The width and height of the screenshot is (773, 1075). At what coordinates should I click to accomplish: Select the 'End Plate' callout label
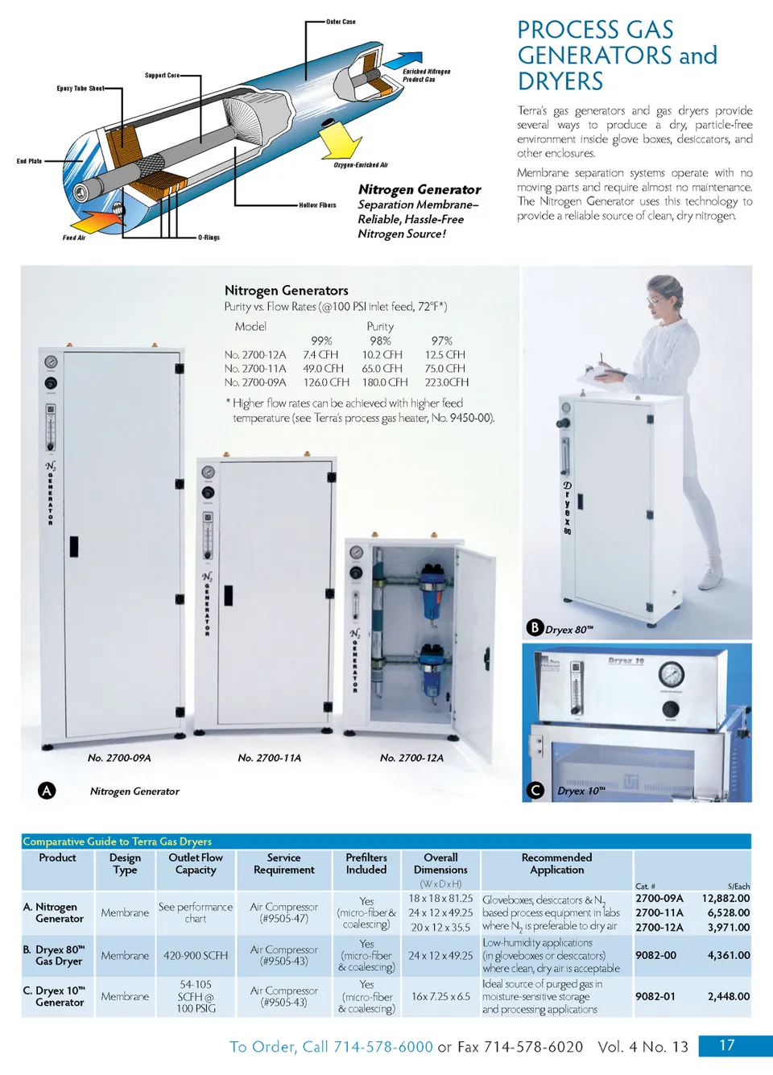[29, 161]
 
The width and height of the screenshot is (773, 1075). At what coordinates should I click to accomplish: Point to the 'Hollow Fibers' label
[317, 205]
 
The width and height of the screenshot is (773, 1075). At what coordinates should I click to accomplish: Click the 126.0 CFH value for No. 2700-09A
[326, 382]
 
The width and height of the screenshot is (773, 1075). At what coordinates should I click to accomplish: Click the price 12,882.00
[725, 899]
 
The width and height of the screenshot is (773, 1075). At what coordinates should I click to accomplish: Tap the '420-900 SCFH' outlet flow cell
[196, 956]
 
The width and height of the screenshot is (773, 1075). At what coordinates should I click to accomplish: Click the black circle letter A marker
[47, 791]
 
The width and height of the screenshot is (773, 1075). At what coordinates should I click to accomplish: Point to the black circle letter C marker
[535, 791]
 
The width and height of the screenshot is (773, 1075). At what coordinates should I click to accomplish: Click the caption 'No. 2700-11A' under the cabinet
[269, 758]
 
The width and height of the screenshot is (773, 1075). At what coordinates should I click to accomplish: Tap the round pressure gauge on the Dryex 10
[672, 675]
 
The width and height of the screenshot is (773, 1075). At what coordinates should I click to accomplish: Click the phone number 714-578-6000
[383, 1046]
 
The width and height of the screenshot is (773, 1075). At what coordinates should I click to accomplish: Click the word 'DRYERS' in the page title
[560, 81]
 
